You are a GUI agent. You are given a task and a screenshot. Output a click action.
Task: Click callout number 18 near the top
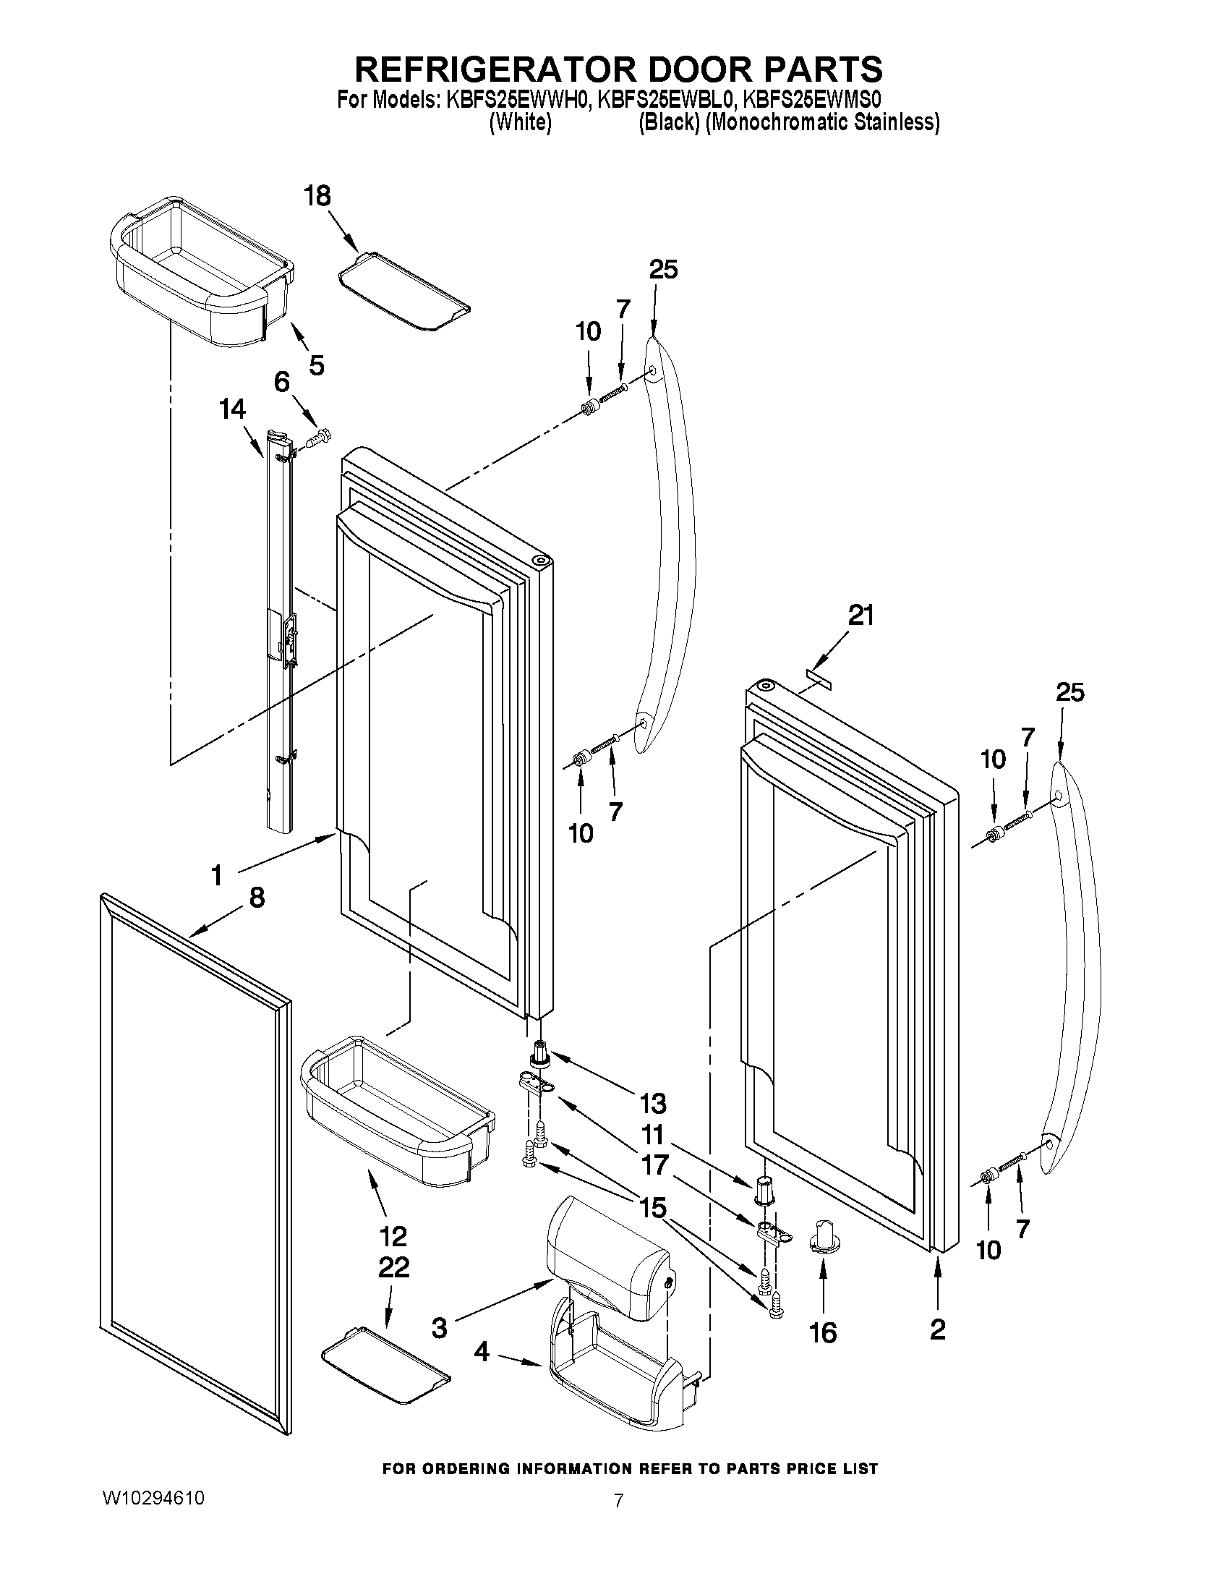coord(317,196)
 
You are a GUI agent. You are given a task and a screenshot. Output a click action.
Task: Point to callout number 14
coord(232,409)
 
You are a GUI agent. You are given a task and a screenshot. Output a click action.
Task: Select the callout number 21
coord(860,616)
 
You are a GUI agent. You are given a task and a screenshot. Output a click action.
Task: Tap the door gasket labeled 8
coord(193,1159)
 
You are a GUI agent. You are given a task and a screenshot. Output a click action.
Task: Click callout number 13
coord(653,1104)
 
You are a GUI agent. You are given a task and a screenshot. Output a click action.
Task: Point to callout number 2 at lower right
coord(938,1329)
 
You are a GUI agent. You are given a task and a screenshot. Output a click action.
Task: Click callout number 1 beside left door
coord(216,874)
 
